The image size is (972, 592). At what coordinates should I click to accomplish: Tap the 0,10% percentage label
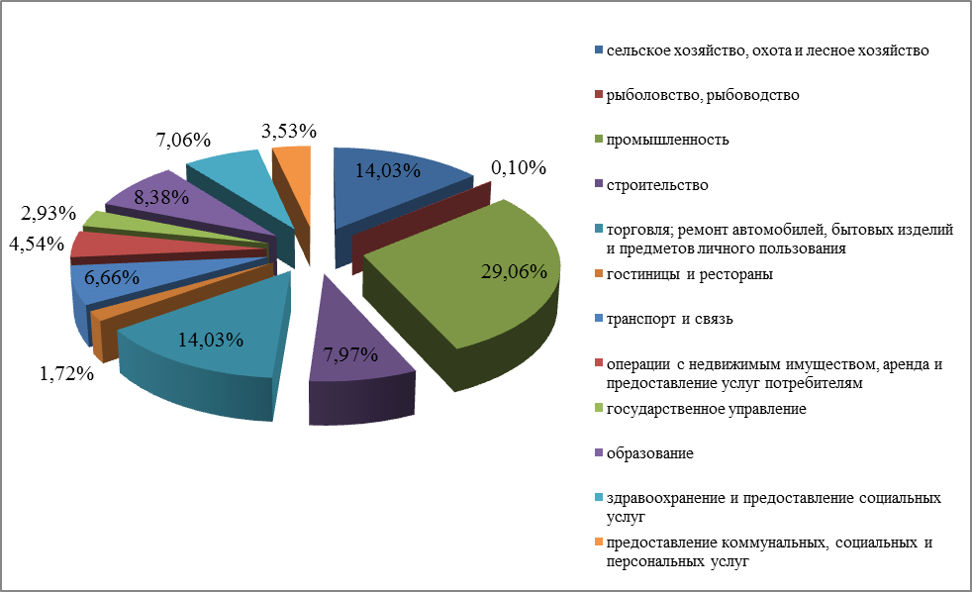click(x=521, y=167)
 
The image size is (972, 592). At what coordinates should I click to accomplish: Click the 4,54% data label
click(x=35, y=243)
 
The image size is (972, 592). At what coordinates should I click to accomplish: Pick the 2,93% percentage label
click(x=49, y=214)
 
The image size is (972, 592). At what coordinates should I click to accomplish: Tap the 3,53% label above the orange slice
click(x=289, y=130)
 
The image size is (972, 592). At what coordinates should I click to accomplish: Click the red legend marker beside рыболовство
click(x=598, y=95)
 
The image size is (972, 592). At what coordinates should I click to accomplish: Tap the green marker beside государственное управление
click(x=598, y=409)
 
